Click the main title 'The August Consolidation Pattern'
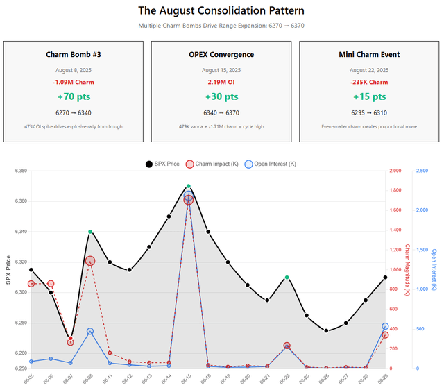[221, 10]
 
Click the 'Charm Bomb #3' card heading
[74, 55]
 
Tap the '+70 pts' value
[74, 96]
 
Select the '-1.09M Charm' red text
[74, 82]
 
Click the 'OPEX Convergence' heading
[221, 55]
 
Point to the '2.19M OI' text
[221, 82]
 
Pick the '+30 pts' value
[221, 96]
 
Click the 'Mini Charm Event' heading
[369, 55]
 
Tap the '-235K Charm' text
[369, 82]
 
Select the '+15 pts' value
[369, 96]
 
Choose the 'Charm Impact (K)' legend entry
[212, 164]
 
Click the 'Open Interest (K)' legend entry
[269, 164]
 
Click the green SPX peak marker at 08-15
[188, 187]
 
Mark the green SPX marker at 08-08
[90, 232]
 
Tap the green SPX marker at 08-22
[287, 278]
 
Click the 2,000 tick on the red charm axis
[396, 171]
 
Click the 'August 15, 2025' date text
[221, 70]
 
